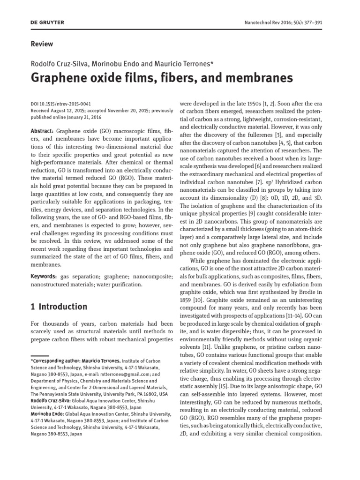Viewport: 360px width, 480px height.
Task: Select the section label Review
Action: (42, 44)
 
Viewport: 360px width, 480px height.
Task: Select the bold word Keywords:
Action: (45, 277)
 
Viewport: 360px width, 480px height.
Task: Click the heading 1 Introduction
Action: (59, 307)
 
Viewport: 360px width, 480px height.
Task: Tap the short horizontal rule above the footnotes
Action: (40, 356)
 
